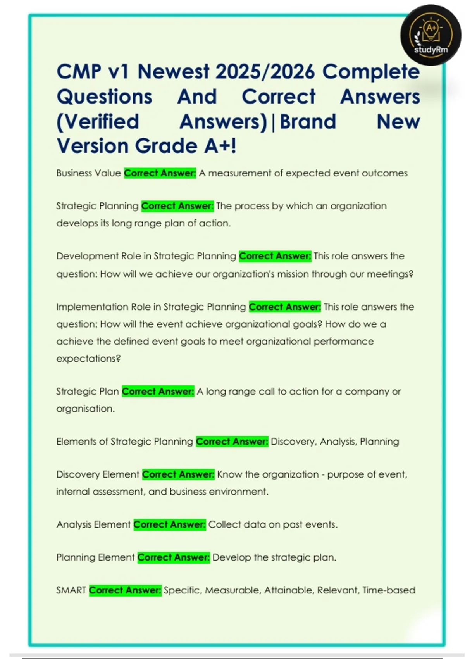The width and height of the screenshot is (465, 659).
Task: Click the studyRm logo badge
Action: coord(431,35)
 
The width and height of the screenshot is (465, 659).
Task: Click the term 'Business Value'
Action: coord(88,173)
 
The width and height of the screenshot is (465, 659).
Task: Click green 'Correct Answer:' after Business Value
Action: coord(160,173)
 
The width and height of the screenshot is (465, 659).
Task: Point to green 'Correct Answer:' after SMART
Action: coord(125,590)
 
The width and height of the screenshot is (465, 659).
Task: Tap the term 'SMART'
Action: coord(71,590)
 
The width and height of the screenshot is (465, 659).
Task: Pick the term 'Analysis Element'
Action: coord(93,524)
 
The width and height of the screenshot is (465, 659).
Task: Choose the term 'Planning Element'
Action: coord(95,557)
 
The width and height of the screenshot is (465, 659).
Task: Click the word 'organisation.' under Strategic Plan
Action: coord(85,409)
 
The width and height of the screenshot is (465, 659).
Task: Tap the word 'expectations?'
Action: coord(88,359)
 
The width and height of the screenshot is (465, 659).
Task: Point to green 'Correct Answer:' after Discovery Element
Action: coord(178,474)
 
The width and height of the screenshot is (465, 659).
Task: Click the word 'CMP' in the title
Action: coord(79,72)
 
